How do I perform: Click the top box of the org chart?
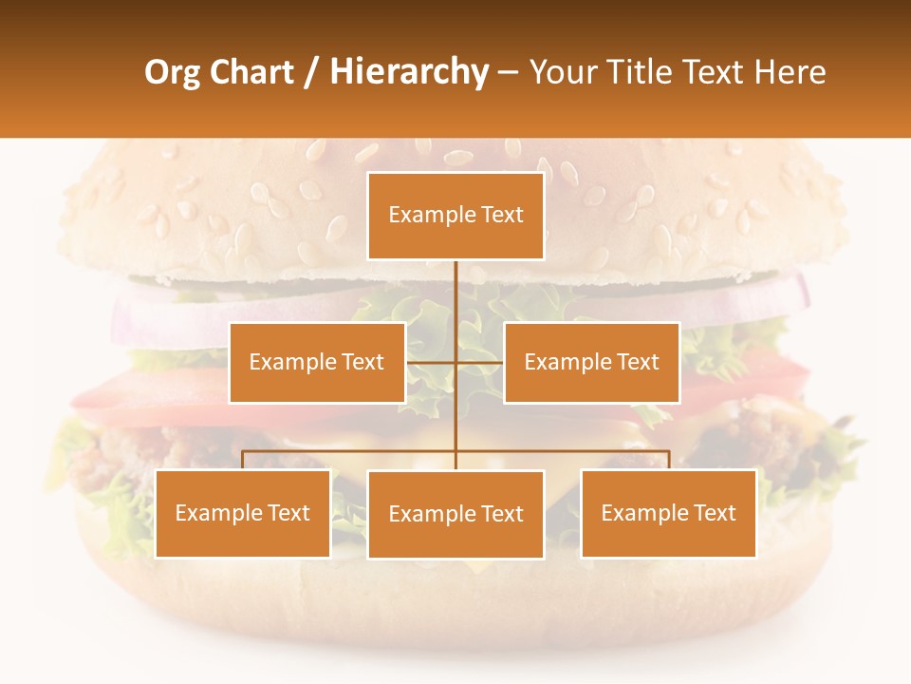click(455, 216)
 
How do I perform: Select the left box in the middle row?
click(317, 362)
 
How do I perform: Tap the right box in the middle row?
click(591, 362)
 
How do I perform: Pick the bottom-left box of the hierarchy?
click(243, 514)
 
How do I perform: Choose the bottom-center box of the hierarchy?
click(455, 515)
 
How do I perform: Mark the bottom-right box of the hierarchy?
click(668, 514)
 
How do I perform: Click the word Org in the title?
click(173, 72)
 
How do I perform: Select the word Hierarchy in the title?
click(409, 72)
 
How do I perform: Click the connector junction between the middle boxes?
click(455, 362)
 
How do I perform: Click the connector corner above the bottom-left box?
click(243, 452)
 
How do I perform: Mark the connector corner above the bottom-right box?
click(668, 452)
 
